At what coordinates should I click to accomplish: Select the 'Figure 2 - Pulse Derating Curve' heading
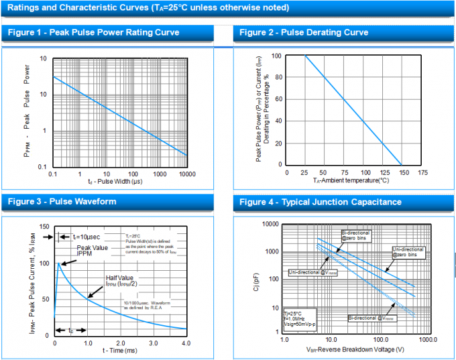(304, 33)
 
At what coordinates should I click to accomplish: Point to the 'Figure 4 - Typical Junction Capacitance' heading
(321, 202)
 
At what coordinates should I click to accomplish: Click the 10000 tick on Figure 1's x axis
(186, 174)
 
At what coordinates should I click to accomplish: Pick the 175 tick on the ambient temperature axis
(422, 173)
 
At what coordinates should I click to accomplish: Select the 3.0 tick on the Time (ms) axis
(153, 343)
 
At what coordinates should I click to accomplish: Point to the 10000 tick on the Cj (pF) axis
(270, 224)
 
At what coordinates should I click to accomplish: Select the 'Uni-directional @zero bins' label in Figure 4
(408, 252)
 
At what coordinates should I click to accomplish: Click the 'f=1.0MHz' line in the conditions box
(296, 317)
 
